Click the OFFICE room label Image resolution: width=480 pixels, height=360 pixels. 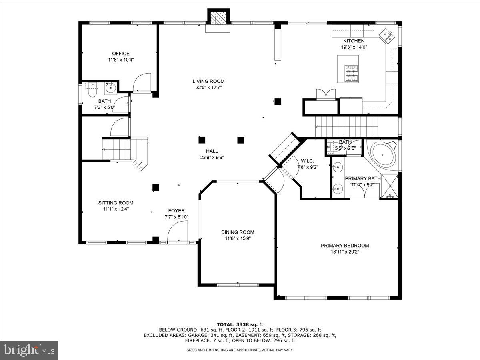click(120, 54)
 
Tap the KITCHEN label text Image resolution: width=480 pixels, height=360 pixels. click(354, 41)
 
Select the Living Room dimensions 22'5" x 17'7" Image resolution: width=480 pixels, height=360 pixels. click(208, 87)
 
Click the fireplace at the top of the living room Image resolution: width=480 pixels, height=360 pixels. click(218, 19)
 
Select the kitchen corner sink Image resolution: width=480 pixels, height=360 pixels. click(386, 35)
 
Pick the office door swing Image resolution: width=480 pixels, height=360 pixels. click(142, 83)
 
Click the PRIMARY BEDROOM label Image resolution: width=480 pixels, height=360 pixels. click(344, 246)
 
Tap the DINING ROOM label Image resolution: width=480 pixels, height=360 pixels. click(238, 232)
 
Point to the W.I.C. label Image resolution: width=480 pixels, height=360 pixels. click(307, 161)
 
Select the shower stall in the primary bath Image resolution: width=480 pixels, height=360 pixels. click(390, 186)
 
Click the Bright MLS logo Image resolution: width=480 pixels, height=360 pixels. click(29, 350)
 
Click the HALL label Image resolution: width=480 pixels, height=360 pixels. click(212, 151)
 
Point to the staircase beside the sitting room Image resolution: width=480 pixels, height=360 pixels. click(120, 149)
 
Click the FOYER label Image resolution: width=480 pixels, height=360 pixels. click(176, 211)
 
